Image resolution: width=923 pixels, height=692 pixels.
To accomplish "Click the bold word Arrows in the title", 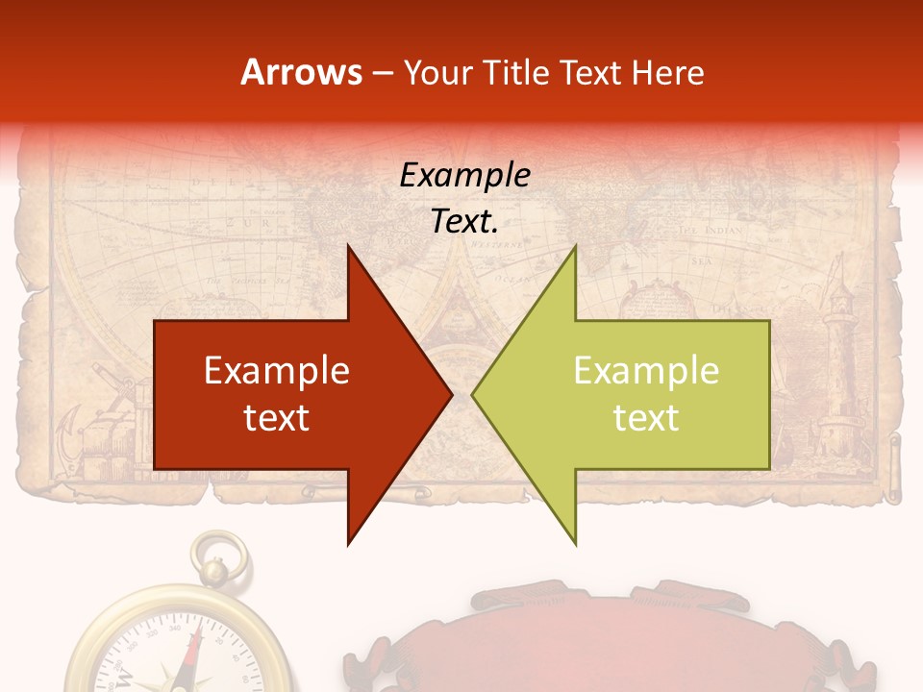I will [302, 72].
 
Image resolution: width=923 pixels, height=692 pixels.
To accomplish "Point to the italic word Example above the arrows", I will [464, 176].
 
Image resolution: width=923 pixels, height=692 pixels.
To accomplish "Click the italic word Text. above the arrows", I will [464, 222].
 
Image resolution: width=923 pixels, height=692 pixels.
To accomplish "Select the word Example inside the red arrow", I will [277, 371].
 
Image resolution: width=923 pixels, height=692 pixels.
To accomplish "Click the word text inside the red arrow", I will [277, 417].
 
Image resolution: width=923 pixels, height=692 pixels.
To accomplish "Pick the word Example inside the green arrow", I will [646, 371].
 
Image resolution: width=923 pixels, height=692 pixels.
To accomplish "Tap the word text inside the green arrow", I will [646, 417].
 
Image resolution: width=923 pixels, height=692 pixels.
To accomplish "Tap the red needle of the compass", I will [195, 654].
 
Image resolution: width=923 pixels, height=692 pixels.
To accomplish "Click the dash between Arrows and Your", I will [382, 74].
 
